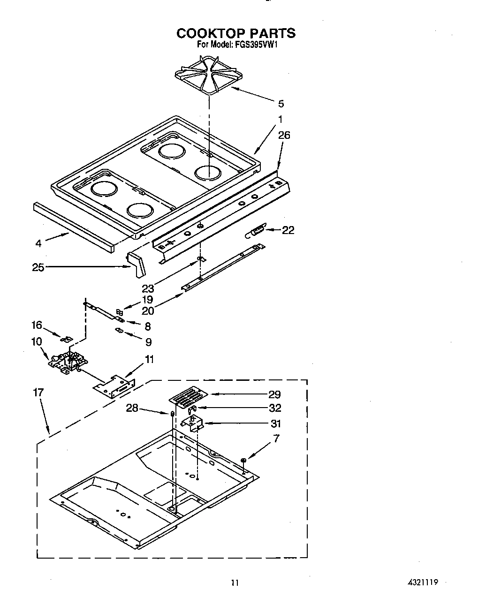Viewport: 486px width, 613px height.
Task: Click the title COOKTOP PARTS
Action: click(236, 33)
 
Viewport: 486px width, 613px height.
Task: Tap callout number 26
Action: click(284, 135)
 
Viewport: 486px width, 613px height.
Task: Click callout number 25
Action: click(38, 267)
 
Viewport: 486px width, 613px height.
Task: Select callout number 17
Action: click(38, 392)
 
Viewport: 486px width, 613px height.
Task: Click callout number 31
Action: click(276, 424)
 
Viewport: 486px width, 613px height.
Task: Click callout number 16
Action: click(37, 325)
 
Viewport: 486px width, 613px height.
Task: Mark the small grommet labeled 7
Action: click(243, 460)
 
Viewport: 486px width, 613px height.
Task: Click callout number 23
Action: click(148, 289)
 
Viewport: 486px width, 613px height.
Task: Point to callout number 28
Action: click(132, 408)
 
